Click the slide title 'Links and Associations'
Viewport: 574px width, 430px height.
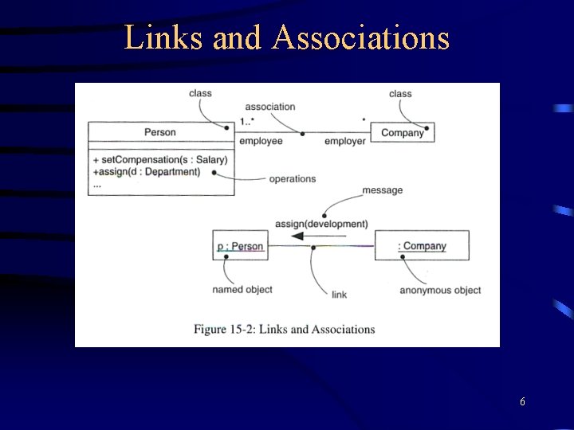pos(287,37)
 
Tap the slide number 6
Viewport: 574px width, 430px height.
pos(522,402)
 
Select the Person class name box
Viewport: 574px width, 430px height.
pos(160,132)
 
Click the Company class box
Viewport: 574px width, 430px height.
pos(403,132)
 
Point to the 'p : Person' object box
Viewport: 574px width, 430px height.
pos(240,246)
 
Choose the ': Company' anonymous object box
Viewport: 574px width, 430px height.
pos(422,246)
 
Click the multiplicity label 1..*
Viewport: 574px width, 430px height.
pos(247,122)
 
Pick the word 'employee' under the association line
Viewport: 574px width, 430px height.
pos(261,142)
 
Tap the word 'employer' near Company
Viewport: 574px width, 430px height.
pos(344,142)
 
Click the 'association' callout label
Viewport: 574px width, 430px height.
pos(269,107)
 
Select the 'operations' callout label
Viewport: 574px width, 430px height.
pos(292,179)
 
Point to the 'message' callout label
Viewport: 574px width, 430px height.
pos(383,190)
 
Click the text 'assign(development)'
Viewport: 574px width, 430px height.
pos(321,224)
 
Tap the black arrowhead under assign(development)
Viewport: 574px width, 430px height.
pos(297,236)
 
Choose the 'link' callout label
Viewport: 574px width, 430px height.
pos(339,295)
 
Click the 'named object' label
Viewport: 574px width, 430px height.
pos(242,290)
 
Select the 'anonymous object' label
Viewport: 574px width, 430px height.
pos(440,290)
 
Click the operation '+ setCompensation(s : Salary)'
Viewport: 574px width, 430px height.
pos(160,159)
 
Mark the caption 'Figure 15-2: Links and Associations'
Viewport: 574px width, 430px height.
pos(285,329)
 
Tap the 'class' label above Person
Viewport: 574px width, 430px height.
pos(200,93)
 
